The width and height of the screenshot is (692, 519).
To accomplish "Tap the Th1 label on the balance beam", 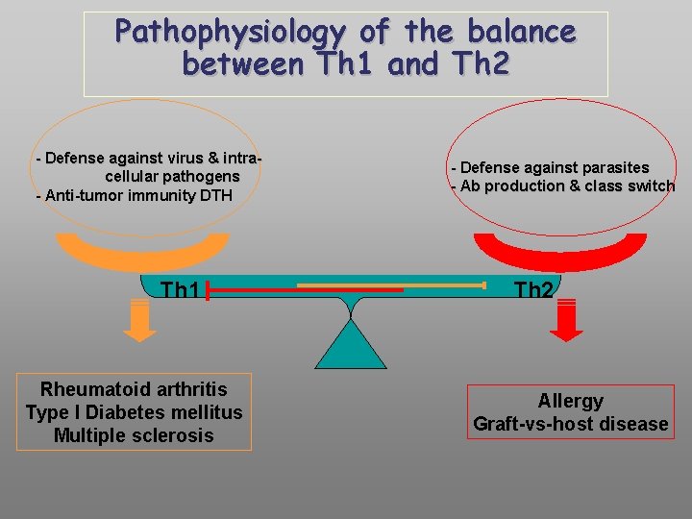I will tap(180, 289).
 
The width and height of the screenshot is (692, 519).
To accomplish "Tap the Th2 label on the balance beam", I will tap(533, 289).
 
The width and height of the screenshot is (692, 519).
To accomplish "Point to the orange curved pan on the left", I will tap(141, 255).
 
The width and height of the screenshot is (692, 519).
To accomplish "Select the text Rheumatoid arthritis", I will tap(134, 389).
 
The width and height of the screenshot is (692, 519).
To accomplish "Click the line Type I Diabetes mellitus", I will tap(134, 412).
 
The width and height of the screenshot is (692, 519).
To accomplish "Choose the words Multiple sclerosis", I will tap(134, 435).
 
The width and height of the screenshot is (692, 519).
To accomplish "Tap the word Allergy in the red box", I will tap(570, 401).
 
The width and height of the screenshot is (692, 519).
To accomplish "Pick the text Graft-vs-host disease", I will tap(570, 424).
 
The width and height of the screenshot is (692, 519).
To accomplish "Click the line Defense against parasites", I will tap(552, 168).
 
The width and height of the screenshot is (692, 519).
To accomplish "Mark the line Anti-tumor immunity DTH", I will tap(134, 196).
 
